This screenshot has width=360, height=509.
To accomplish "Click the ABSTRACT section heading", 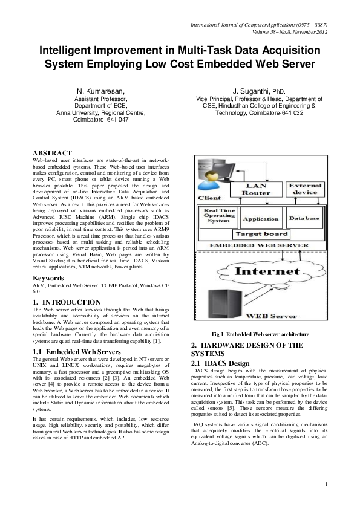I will coord(52,153).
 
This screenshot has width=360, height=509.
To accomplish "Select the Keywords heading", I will coord(49,279).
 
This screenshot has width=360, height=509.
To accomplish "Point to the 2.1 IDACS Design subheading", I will coord(220,363).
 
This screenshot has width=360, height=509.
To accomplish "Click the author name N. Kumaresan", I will coord(100,91).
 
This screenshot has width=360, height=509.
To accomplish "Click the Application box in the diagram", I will coord(260,219).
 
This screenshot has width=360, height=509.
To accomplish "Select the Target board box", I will coord(261,234).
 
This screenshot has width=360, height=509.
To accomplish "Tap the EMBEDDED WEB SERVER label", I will coord(261,246).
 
